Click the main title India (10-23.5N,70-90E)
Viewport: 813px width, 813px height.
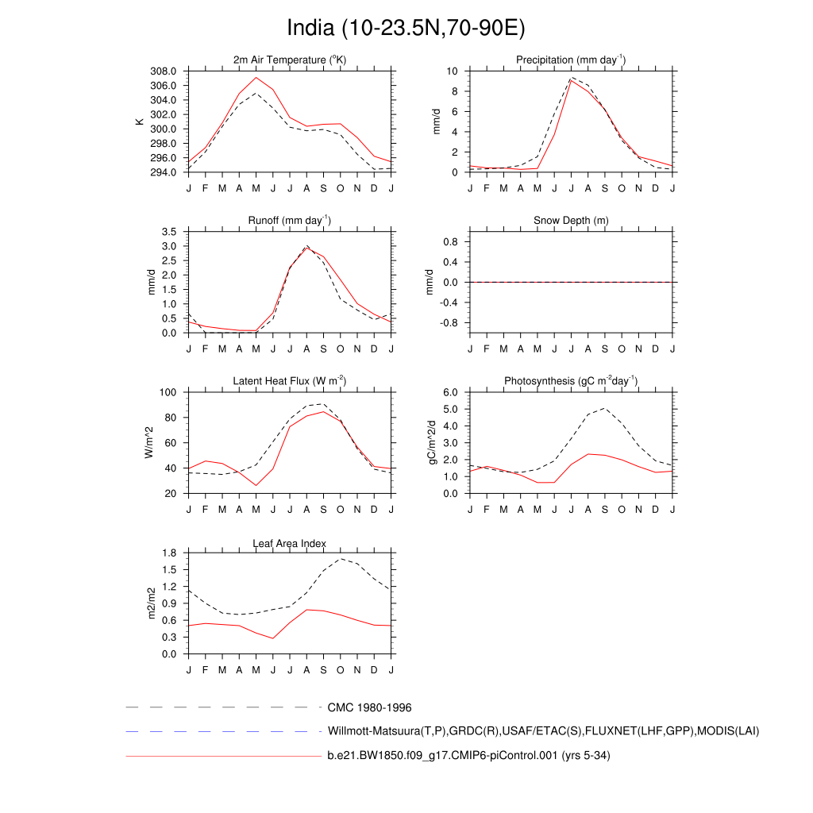point(406,29)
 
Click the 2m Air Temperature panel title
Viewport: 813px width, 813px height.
point(290,60)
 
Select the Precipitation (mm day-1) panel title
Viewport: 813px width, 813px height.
point(570,60)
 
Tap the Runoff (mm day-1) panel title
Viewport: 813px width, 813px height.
point(290,221)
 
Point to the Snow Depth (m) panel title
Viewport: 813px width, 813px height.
point(571,221)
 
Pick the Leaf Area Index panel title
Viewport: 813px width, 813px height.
point(290,544)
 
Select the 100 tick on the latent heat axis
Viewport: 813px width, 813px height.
point(171,392)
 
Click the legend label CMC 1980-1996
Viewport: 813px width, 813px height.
point(369,707)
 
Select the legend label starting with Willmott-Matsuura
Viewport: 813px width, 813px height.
point(543,730)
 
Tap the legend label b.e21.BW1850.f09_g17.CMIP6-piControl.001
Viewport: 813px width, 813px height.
point(468,756)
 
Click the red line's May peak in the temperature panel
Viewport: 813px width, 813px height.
point(256,77)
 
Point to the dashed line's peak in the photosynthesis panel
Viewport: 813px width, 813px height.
point(605,408)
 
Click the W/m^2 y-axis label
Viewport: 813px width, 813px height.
point(148,443)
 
